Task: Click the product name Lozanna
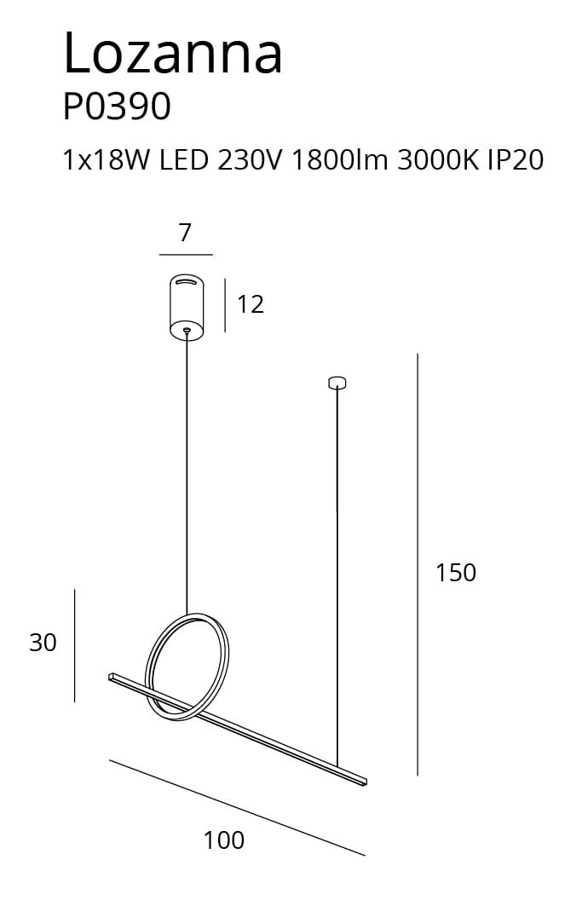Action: [173, 53]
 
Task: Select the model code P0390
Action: [117, 107]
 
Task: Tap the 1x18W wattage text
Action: [106, 160]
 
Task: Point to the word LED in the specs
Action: [183, 160]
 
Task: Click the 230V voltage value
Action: [250, 160]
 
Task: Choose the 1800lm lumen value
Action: [340, 160]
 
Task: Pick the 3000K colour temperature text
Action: [438, 160]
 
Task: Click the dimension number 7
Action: [185, 233]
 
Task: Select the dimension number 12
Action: [251, 304]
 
